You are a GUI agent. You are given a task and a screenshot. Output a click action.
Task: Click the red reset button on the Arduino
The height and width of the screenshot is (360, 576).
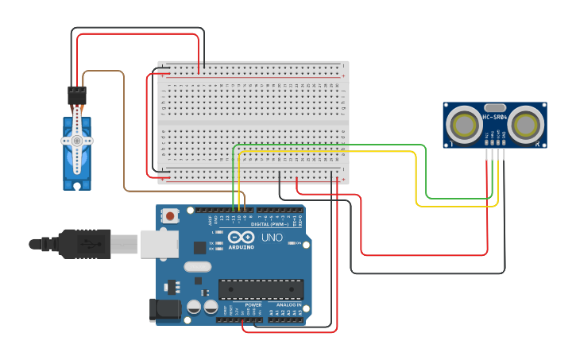[x=170, y=215]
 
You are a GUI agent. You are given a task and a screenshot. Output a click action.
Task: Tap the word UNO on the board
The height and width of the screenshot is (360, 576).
[x=272, y=237]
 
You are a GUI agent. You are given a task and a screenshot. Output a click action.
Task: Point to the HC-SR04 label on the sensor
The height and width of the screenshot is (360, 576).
[x=494, y=118]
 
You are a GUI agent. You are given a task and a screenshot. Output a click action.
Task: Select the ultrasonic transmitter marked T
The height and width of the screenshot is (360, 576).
[x=463, y=124]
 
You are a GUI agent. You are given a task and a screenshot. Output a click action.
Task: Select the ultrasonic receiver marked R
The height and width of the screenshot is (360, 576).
[x=526, y=124]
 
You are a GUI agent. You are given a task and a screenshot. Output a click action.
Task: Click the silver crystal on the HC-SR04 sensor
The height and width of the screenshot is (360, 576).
[x=494, y=107]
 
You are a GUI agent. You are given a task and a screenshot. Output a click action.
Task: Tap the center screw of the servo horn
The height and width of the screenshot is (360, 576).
[x=77, y=141]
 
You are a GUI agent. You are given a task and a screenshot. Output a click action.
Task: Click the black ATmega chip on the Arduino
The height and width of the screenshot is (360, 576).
[x=261, y=289]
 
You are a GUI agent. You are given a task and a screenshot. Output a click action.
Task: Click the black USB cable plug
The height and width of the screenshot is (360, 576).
[x=84, y=244]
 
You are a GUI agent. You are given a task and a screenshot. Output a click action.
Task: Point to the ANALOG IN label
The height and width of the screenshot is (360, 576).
[x=288, y=305]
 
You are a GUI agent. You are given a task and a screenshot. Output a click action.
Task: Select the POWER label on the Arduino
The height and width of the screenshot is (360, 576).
[x=253, y=305]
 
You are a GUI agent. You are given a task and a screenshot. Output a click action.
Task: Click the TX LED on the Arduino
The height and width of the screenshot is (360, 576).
[x=219, y=242]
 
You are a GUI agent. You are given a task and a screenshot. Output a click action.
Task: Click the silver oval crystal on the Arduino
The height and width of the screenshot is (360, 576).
[x=198, y=268]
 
